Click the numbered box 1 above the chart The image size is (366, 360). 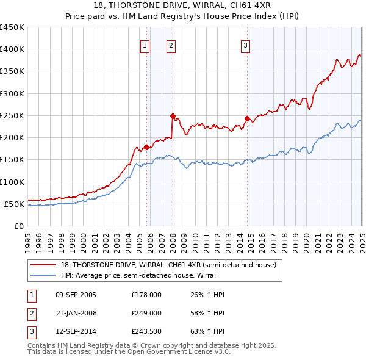pos(145,45)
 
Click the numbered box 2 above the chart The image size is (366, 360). pos(171,45)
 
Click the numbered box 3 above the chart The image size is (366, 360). pos(245,45)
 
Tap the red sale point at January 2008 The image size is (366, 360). pos(173,116)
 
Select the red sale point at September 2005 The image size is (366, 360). pos(146,147)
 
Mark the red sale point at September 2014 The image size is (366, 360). pos(247,118)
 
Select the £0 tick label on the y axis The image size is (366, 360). pos(18,226)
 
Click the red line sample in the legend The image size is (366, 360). pos(44,265)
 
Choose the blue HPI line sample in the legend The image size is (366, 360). pos(44,275)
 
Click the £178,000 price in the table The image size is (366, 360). pos(146,295)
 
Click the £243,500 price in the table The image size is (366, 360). pos(146,333)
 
